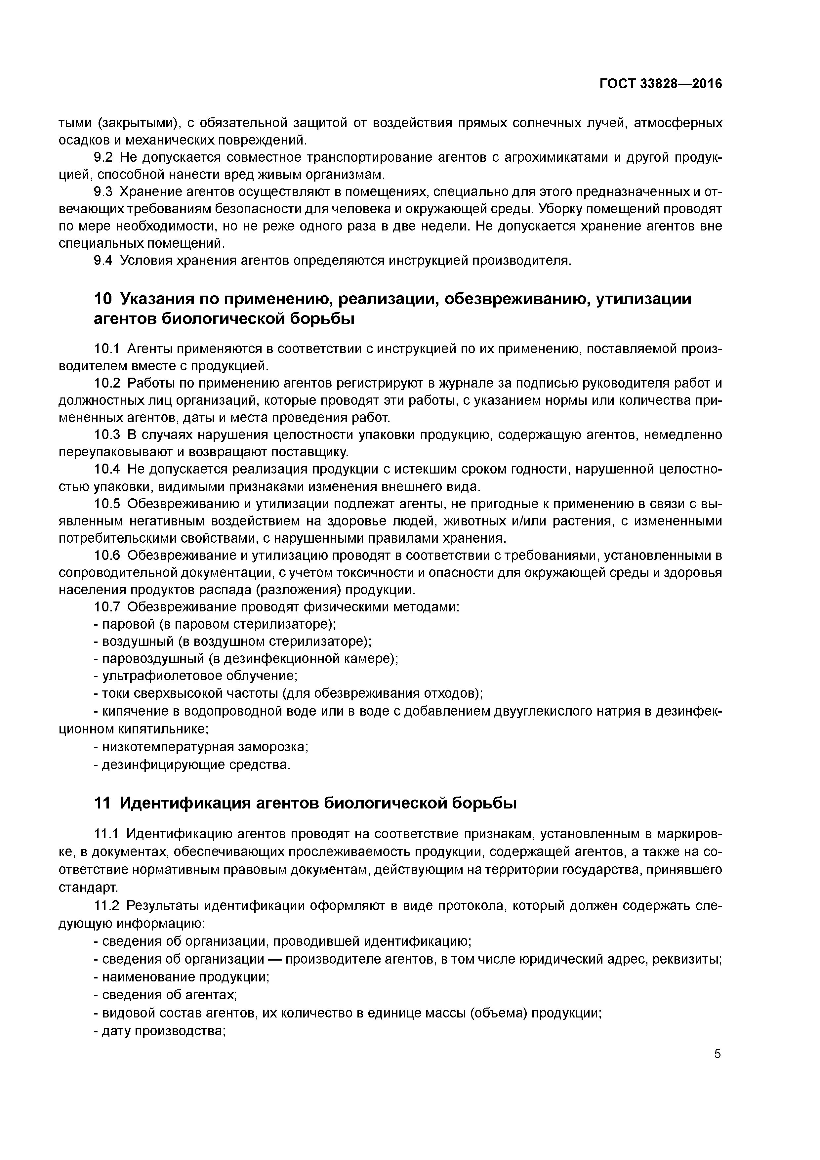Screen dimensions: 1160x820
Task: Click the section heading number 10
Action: (102, 299)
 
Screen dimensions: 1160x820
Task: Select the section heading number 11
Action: (102, 803)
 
